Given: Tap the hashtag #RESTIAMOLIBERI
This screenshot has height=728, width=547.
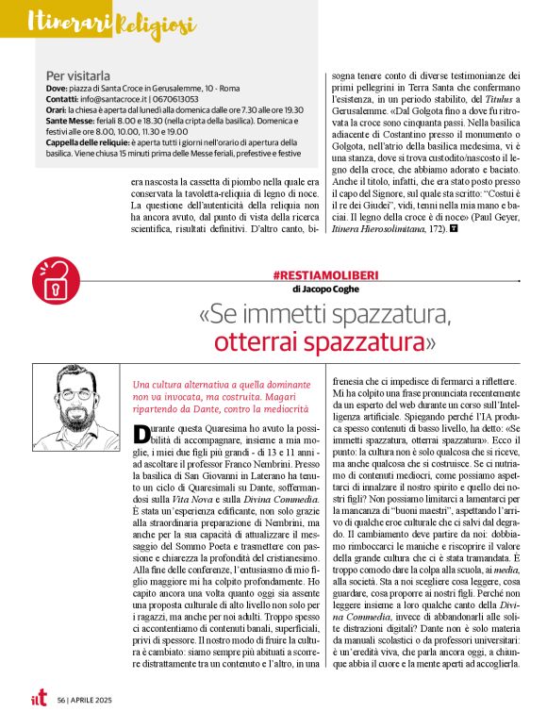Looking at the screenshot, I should [x=305, y=274].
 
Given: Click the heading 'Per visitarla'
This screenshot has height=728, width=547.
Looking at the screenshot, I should [x=77, y=74].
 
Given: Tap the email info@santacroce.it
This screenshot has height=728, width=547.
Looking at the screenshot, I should [x=117, y=98].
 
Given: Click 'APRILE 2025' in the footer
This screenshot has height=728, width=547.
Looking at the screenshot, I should [x=94, y=702].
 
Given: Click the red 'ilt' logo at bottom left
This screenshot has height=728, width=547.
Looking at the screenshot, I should [x=36, y=699].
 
